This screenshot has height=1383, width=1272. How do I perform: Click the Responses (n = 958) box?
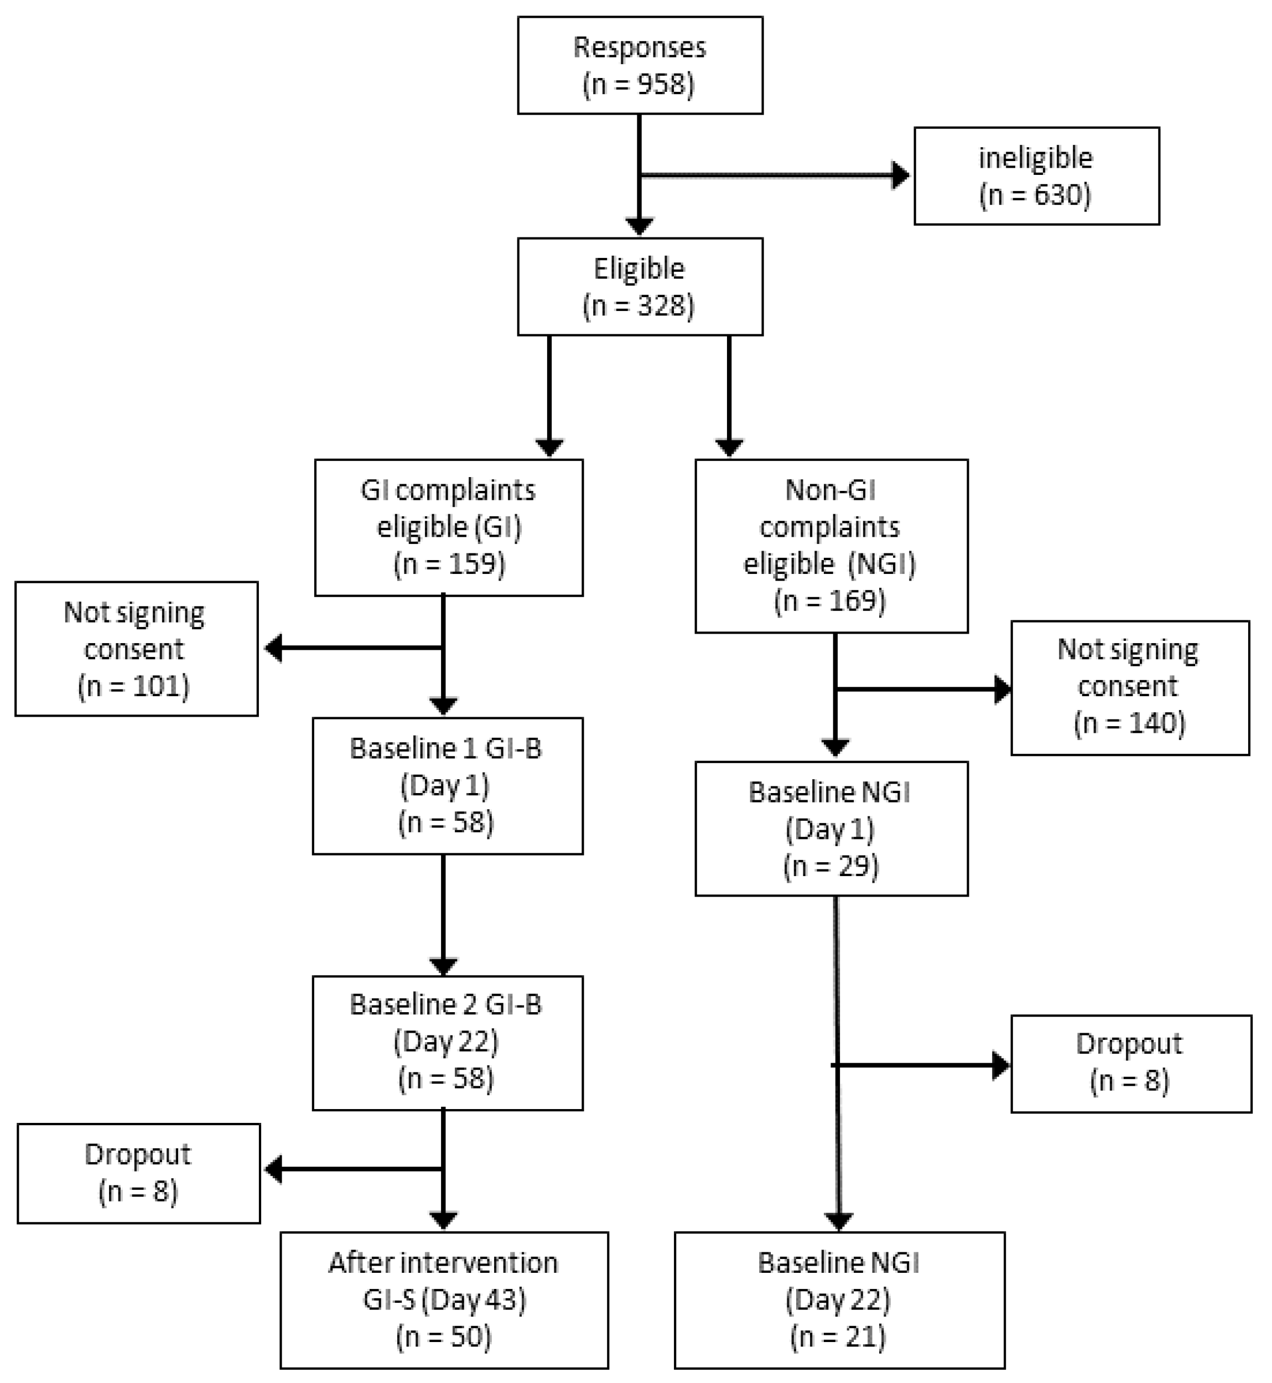point(640,65)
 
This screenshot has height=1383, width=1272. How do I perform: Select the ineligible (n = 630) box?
point(1036,176)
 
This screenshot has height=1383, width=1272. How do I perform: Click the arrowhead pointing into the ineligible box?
point(900,175)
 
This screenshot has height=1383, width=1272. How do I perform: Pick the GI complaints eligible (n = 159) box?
point(448,527)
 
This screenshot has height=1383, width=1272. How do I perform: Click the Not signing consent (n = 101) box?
point(136,649)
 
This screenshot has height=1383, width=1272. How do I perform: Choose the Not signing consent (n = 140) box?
point(1129,688)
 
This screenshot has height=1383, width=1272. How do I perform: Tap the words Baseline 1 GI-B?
point(445,748)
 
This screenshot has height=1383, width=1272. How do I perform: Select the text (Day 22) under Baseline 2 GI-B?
point(445,1042)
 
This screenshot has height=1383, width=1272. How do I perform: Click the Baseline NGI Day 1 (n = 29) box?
point(831,829)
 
